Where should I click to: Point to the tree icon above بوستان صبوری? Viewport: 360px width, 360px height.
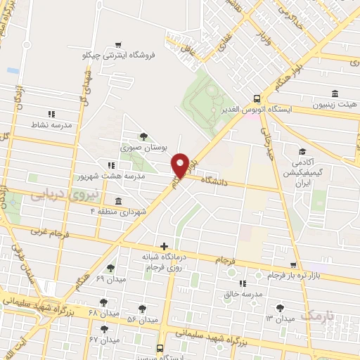[x=144, y=136]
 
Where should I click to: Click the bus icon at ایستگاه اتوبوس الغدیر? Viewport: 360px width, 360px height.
[x=255, y=99]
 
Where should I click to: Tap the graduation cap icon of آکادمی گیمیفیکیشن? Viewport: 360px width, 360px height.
[x=301, y=152]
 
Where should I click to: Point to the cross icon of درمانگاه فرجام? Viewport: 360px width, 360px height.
[x=164, y=246]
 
